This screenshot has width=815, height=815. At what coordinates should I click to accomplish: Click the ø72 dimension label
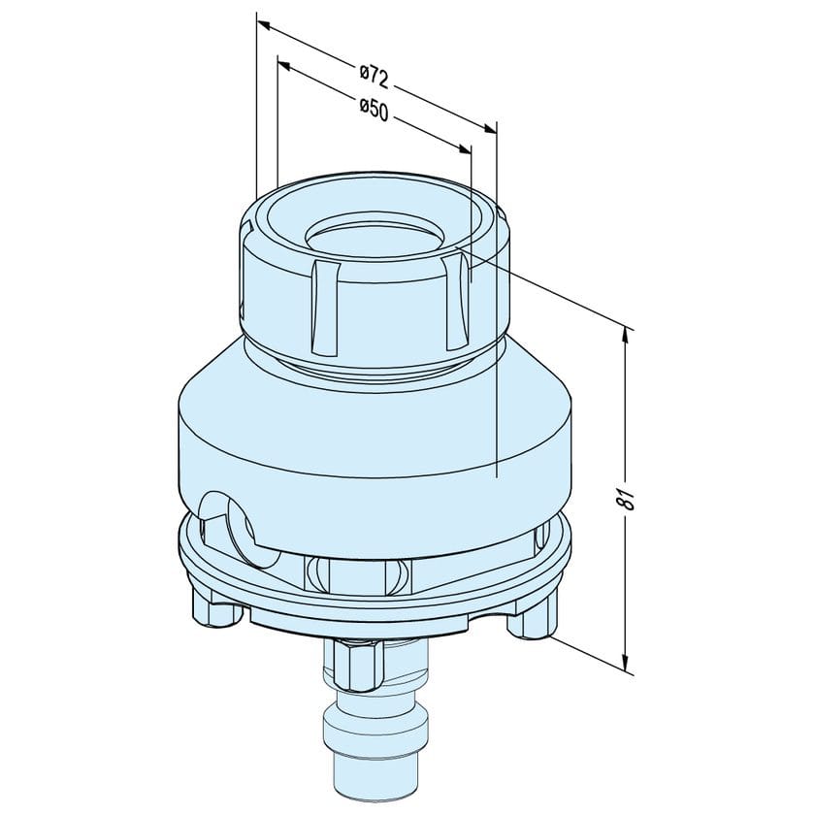[375, 77]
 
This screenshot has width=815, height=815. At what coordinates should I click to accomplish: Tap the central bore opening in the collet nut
[374, 239]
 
